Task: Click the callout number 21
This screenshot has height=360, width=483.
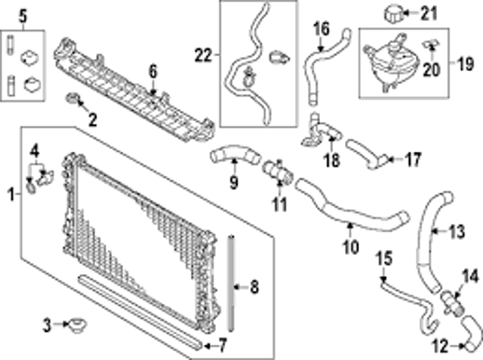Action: (x=429, y=14)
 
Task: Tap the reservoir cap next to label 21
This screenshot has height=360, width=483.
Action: (x=393, y=13)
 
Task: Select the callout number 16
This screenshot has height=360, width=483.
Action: (x=321, y=29)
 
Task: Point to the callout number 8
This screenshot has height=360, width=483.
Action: (x=254, y=288)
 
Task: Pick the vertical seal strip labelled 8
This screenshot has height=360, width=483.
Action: (x=231, y=283)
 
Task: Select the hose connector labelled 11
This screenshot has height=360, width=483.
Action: (x=277, y=171)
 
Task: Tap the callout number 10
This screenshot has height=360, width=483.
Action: (x=351, y=246)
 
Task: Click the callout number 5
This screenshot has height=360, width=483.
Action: (x=23, y=17)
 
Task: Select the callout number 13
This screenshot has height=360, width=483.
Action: (x=457, y=231)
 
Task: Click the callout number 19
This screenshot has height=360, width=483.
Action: (x=465, y=64)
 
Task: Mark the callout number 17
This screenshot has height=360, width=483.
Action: (x=413, y=159)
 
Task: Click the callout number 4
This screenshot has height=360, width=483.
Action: (x=35, y=152)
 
